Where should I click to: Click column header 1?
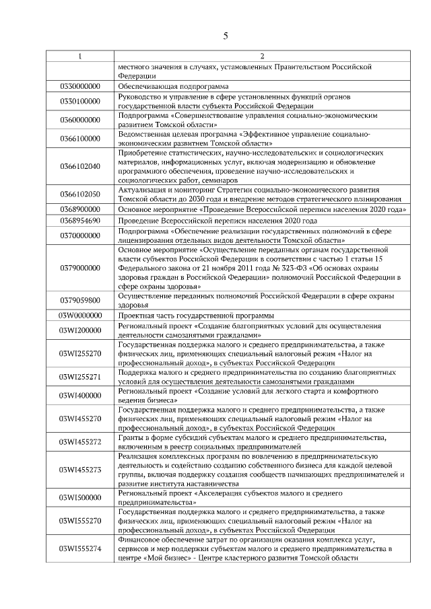point(80,56)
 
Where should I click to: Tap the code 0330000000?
point(80,87)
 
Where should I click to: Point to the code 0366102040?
point(80,166)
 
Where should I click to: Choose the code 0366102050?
point(80,194)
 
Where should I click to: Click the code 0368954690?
point(80,221)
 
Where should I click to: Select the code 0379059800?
point(80,300)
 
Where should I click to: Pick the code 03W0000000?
point(80,315)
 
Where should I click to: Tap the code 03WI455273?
point(80,470)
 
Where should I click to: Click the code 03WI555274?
point(80,548)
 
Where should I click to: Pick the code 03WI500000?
point(80,497)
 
